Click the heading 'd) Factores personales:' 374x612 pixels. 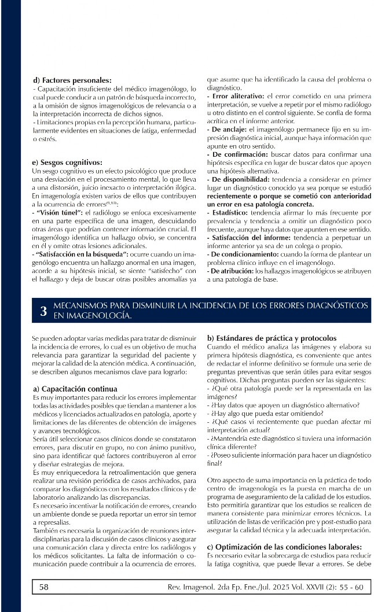pos(72,80)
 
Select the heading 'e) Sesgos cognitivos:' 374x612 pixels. pos(68,163)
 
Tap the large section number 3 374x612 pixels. pos(43,311)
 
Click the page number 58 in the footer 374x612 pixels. pos(44,587)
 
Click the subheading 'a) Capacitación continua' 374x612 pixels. pos(75,389)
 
